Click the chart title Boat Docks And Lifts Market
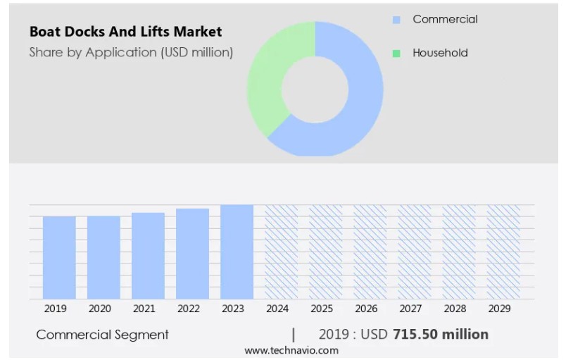pos(125,32)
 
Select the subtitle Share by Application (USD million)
pos(131,52)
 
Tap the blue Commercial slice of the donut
pos(359,106)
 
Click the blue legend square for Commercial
pos(396,20)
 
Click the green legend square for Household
pos(396,53)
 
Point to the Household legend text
pos(440,53)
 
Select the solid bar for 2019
pos(59,257)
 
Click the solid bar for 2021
pos(148,255)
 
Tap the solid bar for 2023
pos(237,252)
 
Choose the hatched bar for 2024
pos(281,252)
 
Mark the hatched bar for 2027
pos(415,252)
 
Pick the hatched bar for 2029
pos(503,252)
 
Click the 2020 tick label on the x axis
pos(100,309)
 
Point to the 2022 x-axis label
pos(189,309)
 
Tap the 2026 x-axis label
pos(366,309)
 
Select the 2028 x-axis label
pos(455,309)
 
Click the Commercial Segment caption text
pos(102,335)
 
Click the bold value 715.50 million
pos(441,334)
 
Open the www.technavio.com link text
pos(291,350)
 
